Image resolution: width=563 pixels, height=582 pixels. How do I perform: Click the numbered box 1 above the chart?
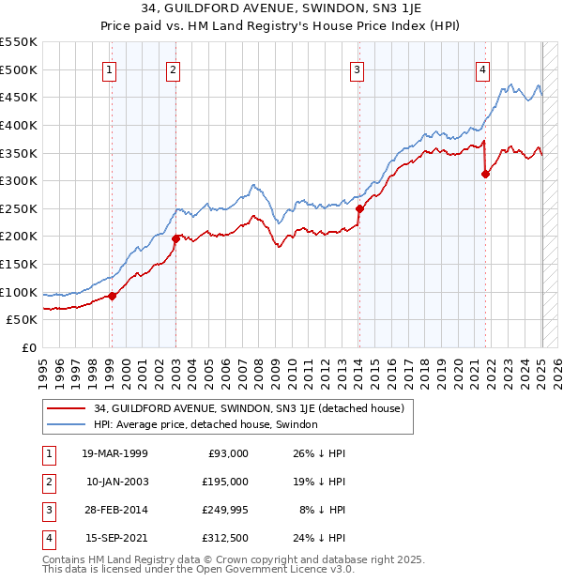tap(110, 69)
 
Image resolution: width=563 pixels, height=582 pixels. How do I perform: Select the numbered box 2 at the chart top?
tap(174, 69)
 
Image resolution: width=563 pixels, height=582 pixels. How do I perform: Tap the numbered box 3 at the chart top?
tap(358, 69)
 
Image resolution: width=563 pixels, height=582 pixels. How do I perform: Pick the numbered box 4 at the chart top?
tap(482, 69)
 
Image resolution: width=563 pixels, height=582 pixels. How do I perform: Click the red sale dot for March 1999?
tap(112, 296)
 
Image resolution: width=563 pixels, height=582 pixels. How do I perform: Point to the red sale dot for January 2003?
tap(175, 238)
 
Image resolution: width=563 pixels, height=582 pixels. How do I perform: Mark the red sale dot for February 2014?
tap(359, 208)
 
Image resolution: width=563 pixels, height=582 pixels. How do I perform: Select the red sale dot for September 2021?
tap(485, 173)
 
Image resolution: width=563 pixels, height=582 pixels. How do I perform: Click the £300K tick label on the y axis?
tap(19, 180)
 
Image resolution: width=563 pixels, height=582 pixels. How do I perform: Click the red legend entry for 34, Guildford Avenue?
tap(248, 408)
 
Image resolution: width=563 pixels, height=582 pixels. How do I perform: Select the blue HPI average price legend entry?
tap(205, 424)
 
